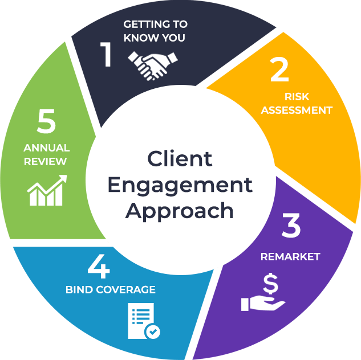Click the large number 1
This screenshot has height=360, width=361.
tap(107, 55)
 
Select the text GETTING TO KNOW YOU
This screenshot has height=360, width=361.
tap(155, 31)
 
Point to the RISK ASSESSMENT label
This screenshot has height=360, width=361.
tap(296, 103)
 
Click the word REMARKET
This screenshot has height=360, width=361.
tap(290, 256)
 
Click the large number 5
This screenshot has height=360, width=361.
tap(46, 122)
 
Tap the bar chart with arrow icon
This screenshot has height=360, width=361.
tap(47, 190)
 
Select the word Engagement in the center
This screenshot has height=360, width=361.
tap(180, 185)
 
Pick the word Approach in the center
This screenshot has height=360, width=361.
tap(180, 210)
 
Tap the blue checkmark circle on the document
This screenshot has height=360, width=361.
tap(153, 331)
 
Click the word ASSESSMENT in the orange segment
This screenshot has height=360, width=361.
tap(296, 110)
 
